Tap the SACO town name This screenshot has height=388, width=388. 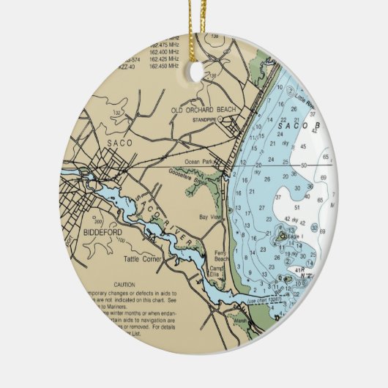[x=120, y=143]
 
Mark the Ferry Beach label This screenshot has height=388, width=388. [x=222, y=256]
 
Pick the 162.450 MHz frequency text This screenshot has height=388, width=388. [x=163, y=66]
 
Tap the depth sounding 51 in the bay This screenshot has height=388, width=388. [x=297, y=206]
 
